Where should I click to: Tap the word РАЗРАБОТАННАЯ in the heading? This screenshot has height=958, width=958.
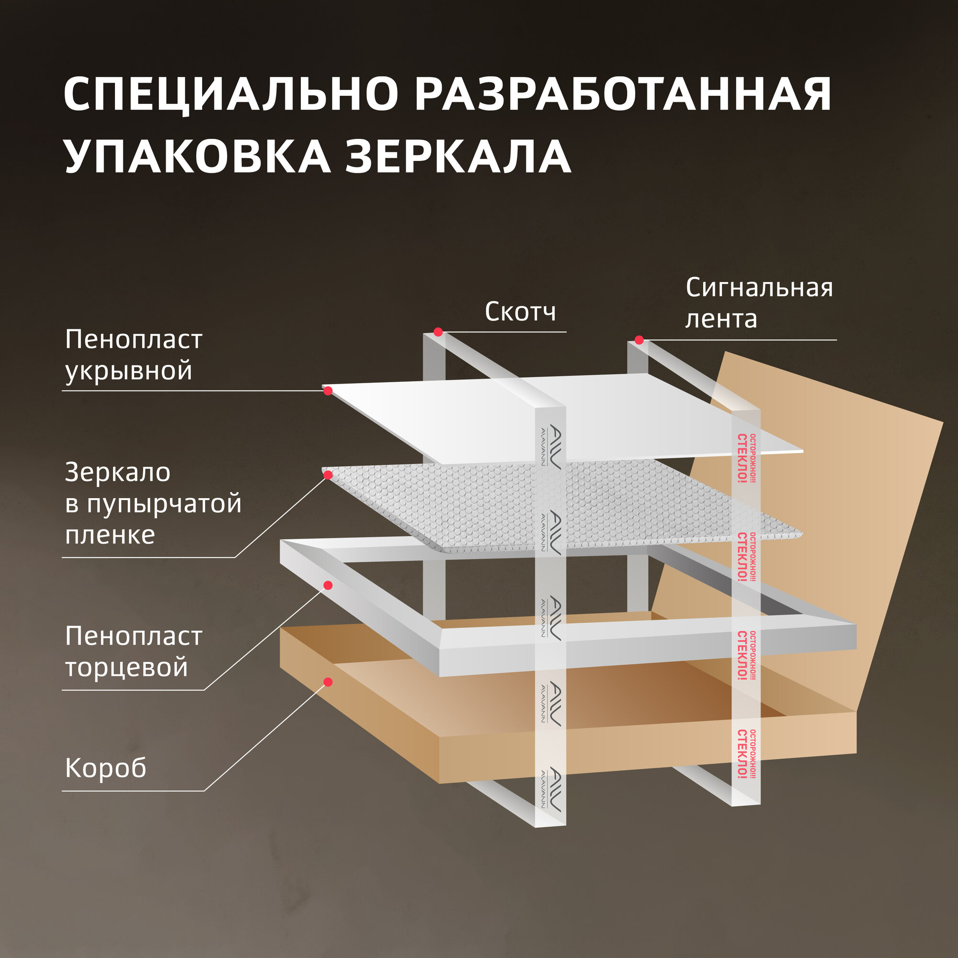pos(623,94)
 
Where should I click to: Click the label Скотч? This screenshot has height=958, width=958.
pos(520,312)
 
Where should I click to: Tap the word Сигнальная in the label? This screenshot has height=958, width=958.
pos(759,288)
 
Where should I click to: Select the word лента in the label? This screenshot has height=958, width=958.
pos(721,319)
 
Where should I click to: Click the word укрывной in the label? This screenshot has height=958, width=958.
pos(128,371)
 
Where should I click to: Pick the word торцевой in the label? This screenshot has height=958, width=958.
pos(126,667)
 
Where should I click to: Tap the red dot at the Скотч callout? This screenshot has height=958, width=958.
pos(438,332)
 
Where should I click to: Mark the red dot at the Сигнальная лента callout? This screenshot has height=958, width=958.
pos(639,340)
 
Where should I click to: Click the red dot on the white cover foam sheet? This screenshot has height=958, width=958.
pos(328,391)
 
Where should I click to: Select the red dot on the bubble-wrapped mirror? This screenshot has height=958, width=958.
pos(328,475)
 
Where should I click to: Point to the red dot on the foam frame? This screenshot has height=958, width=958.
pos(328,586)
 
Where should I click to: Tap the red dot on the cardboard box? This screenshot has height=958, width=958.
pos(328,682)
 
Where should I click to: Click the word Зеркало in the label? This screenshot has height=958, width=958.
pos(117,473)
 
